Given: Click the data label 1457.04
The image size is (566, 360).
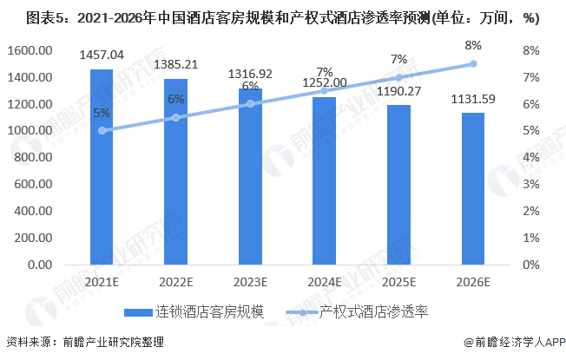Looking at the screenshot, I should click(102, 56).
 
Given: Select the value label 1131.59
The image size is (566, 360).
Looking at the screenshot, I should click(474, 99).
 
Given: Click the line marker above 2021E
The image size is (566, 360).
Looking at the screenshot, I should click(102, 130).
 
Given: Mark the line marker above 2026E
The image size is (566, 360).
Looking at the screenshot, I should click(473, 63).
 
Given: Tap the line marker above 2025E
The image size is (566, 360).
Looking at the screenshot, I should click(399, 77).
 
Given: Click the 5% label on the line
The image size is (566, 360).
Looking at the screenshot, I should click(102, 113).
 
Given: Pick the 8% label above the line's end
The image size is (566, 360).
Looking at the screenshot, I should click(473, 44).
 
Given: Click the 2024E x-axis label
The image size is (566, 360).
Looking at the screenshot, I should click(326, 281).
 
